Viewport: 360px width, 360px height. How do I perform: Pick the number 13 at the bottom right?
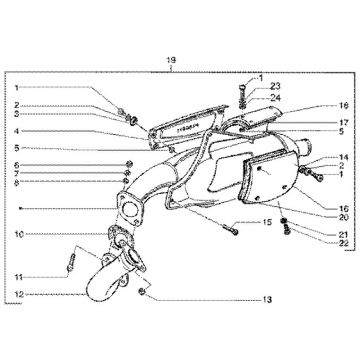tap(267, 299)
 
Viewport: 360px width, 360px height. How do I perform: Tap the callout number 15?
tap(267, 221)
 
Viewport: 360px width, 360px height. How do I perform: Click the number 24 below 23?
tap(275, 99)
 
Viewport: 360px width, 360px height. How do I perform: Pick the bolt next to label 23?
tap(243, 93)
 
